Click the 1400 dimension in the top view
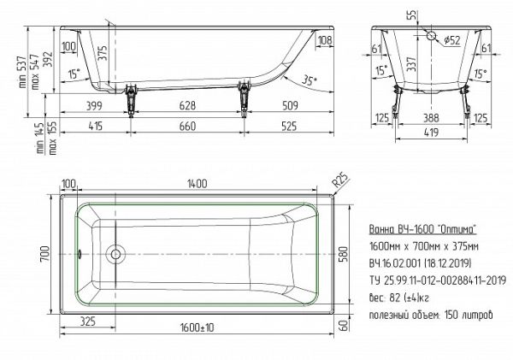tap(197, 184)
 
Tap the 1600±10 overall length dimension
tap(197, 328)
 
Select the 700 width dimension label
tap(45, 254)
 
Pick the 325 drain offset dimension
tap(87, 322)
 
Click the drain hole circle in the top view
tap(115, 254)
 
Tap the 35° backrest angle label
tap(309, 80)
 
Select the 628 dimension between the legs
tap(187, 105)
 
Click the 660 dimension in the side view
tap(187, 126)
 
